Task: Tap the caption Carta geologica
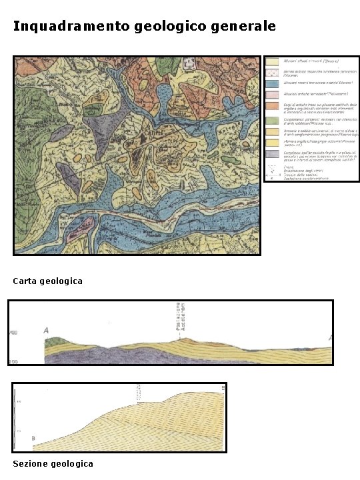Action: click(48, 281)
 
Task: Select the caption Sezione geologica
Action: click(53, 463)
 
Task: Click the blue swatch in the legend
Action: click(273, 83)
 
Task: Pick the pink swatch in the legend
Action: click(273, 95)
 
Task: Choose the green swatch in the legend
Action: click(273, 120)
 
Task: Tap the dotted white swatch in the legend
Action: click(273, 71)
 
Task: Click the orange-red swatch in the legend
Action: click(273, 107)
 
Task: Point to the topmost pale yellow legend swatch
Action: click(273, 61)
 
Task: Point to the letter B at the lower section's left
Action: click(33, 437)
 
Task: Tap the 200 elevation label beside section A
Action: click(13, 361)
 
